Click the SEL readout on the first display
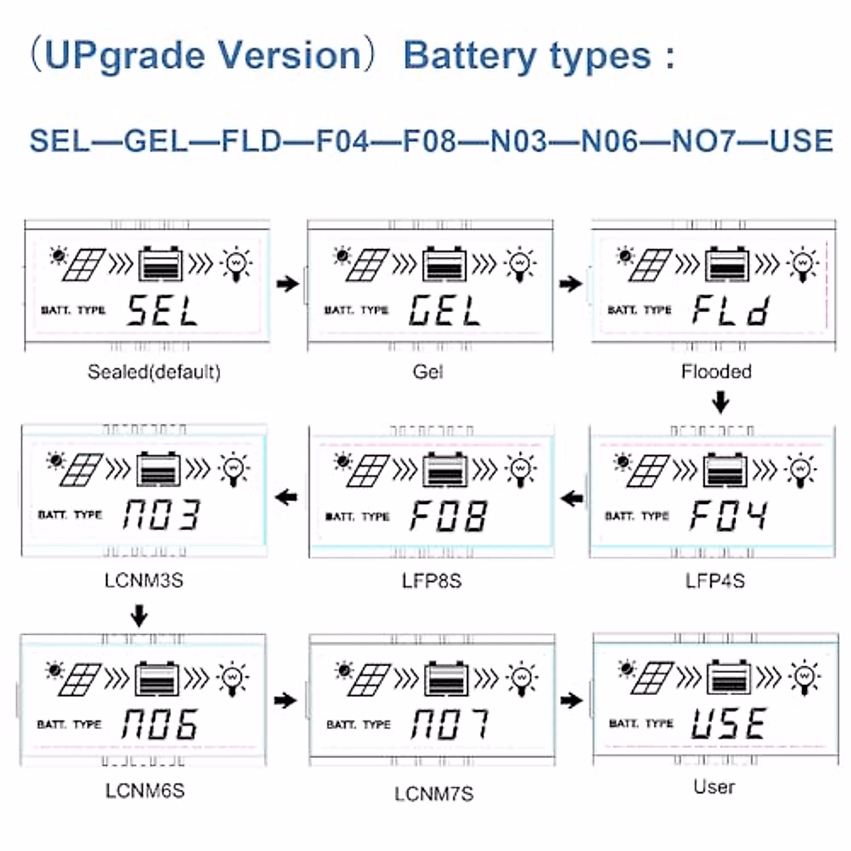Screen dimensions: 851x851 tap(162, 311)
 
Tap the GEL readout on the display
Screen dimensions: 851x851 tap(445, 311)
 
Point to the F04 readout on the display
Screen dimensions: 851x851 tap(728, 516)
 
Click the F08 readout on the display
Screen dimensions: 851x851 tap(448, 516)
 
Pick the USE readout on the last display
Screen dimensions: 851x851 tap(729, 724)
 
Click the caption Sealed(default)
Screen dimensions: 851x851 tap(154, 372)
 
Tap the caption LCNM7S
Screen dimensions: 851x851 tap(433, 794)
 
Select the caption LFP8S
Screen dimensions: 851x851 tap(431, 581)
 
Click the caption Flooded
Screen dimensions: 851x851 tap(716, 372)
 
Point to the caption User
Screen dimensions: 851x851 tap(714, 786)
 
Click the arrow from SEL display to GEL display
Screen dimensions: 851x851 tap(287, 284)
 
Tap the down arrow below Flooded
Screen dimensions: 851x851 tap(721, 403)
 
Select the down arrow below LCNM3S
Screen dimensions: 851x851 tap(140, 616)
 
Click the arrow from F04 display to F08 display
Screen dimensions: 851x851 tap(572, 499)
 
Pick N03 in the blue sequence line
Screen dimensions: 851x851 tap(518, 141)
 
